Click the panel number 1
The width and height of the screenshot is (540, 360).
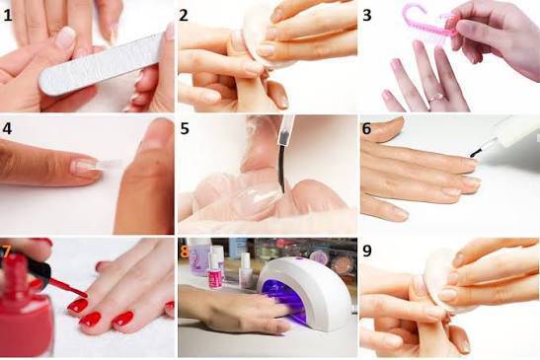coord(7,15)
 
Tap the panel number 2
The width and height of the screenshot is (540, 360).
coord(184,15)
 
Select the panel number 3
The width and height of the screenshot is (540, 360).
coord(367,15)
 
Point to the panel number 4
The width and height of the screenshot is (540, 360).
coord(7,129)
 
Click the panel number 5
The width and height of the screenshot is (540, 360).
coord(185,129)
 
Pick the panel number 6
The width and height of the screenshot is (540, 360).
coord(366,129)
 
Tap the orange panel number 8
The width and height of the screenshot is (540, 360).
coord(185,252)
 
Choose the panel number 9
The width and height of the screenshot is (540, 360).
coord(367,251)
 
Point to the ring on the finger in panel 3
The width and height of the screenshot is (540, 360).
coord(435,97)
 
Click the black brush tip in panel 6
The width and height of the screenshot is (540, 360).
coord(476,152)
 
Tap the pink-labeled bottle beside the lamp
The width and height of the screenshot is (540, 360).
coord(215,272)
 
